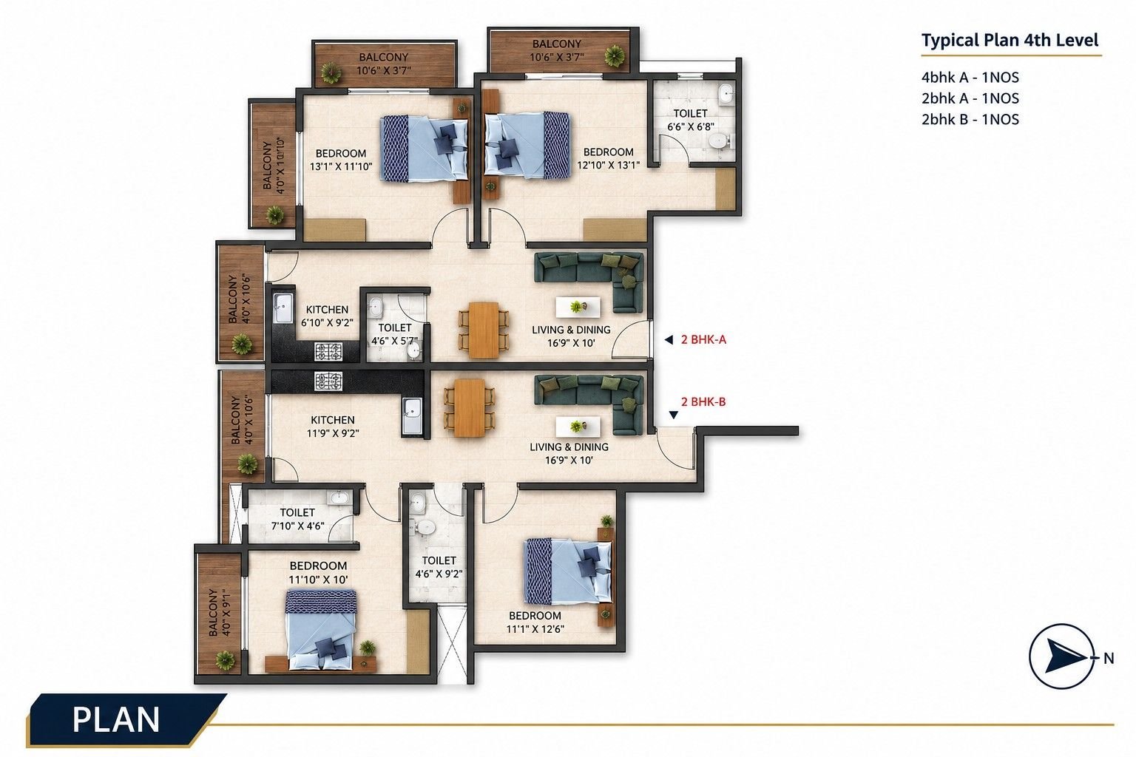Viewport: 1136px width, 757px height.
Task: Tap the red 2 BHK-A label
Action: [703, 340]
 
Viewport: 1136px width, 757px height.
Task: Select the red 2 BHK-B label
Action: [703, 401]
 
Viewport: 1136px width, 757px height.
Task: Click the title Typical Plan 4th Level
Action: [1010, 40]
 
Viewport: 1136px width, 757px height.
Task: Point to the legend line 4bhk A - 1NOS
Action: [970, 78]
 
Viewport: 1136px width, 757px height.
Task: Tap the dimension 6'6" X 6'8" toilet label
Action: [690, 126]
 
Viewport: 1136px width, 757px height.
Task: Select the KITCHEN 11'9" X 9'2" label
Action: [333, 427]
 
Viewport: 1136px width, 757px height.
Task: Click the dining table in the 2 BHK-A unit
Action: [483, 330]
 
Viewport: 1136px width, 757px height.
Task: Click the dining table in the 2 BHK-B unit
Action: [469, 407]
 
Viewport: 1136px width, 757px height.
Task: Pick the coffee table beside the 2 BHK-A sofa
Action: [578, 307]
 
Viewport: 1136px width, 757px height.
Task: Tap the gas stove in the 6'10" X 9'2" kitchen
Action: [328, 351]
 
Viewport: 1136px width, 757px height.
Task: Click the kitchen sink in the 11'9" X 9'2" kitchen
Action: [412, 415]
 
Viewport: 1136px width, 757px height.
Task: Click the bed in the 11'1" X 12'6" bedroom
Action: [567, 571]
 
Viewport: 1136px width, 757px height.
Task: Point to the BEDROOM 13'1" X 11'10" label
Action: [341, 160]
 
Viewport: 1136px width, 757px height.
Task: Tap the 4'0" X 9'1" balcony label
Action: [219, 613]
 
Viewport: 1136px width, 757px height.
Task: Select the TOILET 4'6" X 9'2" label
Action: [439, 567]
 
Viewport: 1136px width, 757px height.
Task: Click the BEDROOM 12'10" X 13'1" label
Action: [608, 158]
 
